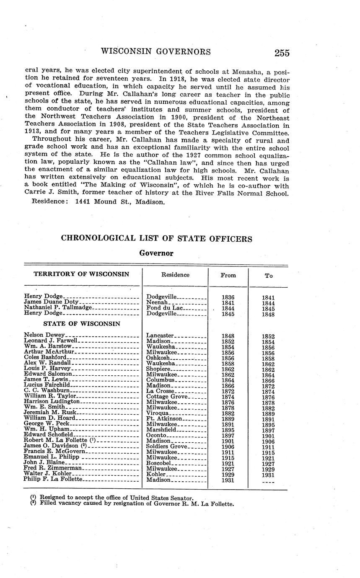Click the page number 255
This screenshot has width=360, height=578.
[x=282, y=53]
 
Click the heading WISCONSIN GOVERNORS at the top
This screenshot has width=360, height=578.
[x=155, y=52]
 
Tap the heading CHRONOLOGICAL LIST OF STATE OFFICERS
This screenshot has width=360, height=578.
[x=156, y=239]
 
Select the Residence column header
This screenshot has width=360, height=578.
[x=175, y=275]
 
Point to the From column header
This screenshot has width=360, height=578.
[x=228, y=275]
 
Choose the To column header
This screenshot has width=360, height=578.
[x=268, y=276]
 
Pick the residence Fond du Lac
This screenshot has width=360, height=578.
[x=163, y=308]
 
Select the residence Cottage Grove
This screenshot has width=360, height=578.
[x=167, y=396]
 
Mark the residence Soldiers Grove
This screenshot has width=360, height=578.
[x=167, y=446]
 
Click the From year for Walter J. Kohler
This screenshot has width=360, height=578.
[x=228, y=474]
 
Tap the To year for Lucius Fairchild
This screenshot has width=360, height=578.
[x=268, y=385]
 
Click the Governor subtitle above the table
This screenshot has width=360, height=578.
[x=156, y=253]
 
